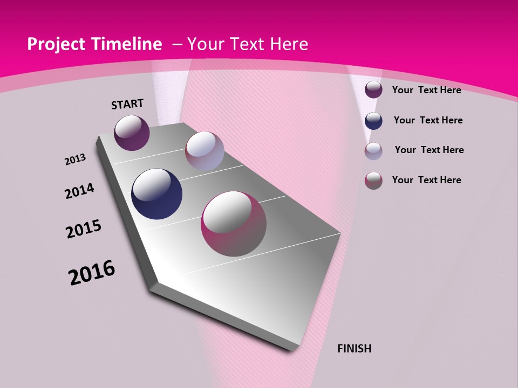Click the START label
click(127, 104)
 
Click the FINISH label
click(354, 349)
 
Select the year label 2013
click(75, 160)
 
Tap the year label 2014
click(79, 191)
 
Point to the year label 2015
click(84, 229)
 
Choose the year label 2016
click(92, 273)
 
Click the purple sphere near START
click(132, 133)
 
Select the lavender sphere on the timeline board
click(205, 151)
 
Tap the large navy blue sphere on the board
click(156, 194)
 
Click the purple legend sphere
click(373, 89)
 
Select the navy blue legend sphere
click(373, 121)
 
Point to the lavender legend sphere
click(373, 151)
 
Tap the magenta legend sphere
click(373, 181)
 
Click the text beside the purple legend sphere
click(426, 90)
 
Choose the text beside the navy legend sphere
click(428, 120)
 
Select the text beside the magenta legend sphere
click(426, 180)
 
